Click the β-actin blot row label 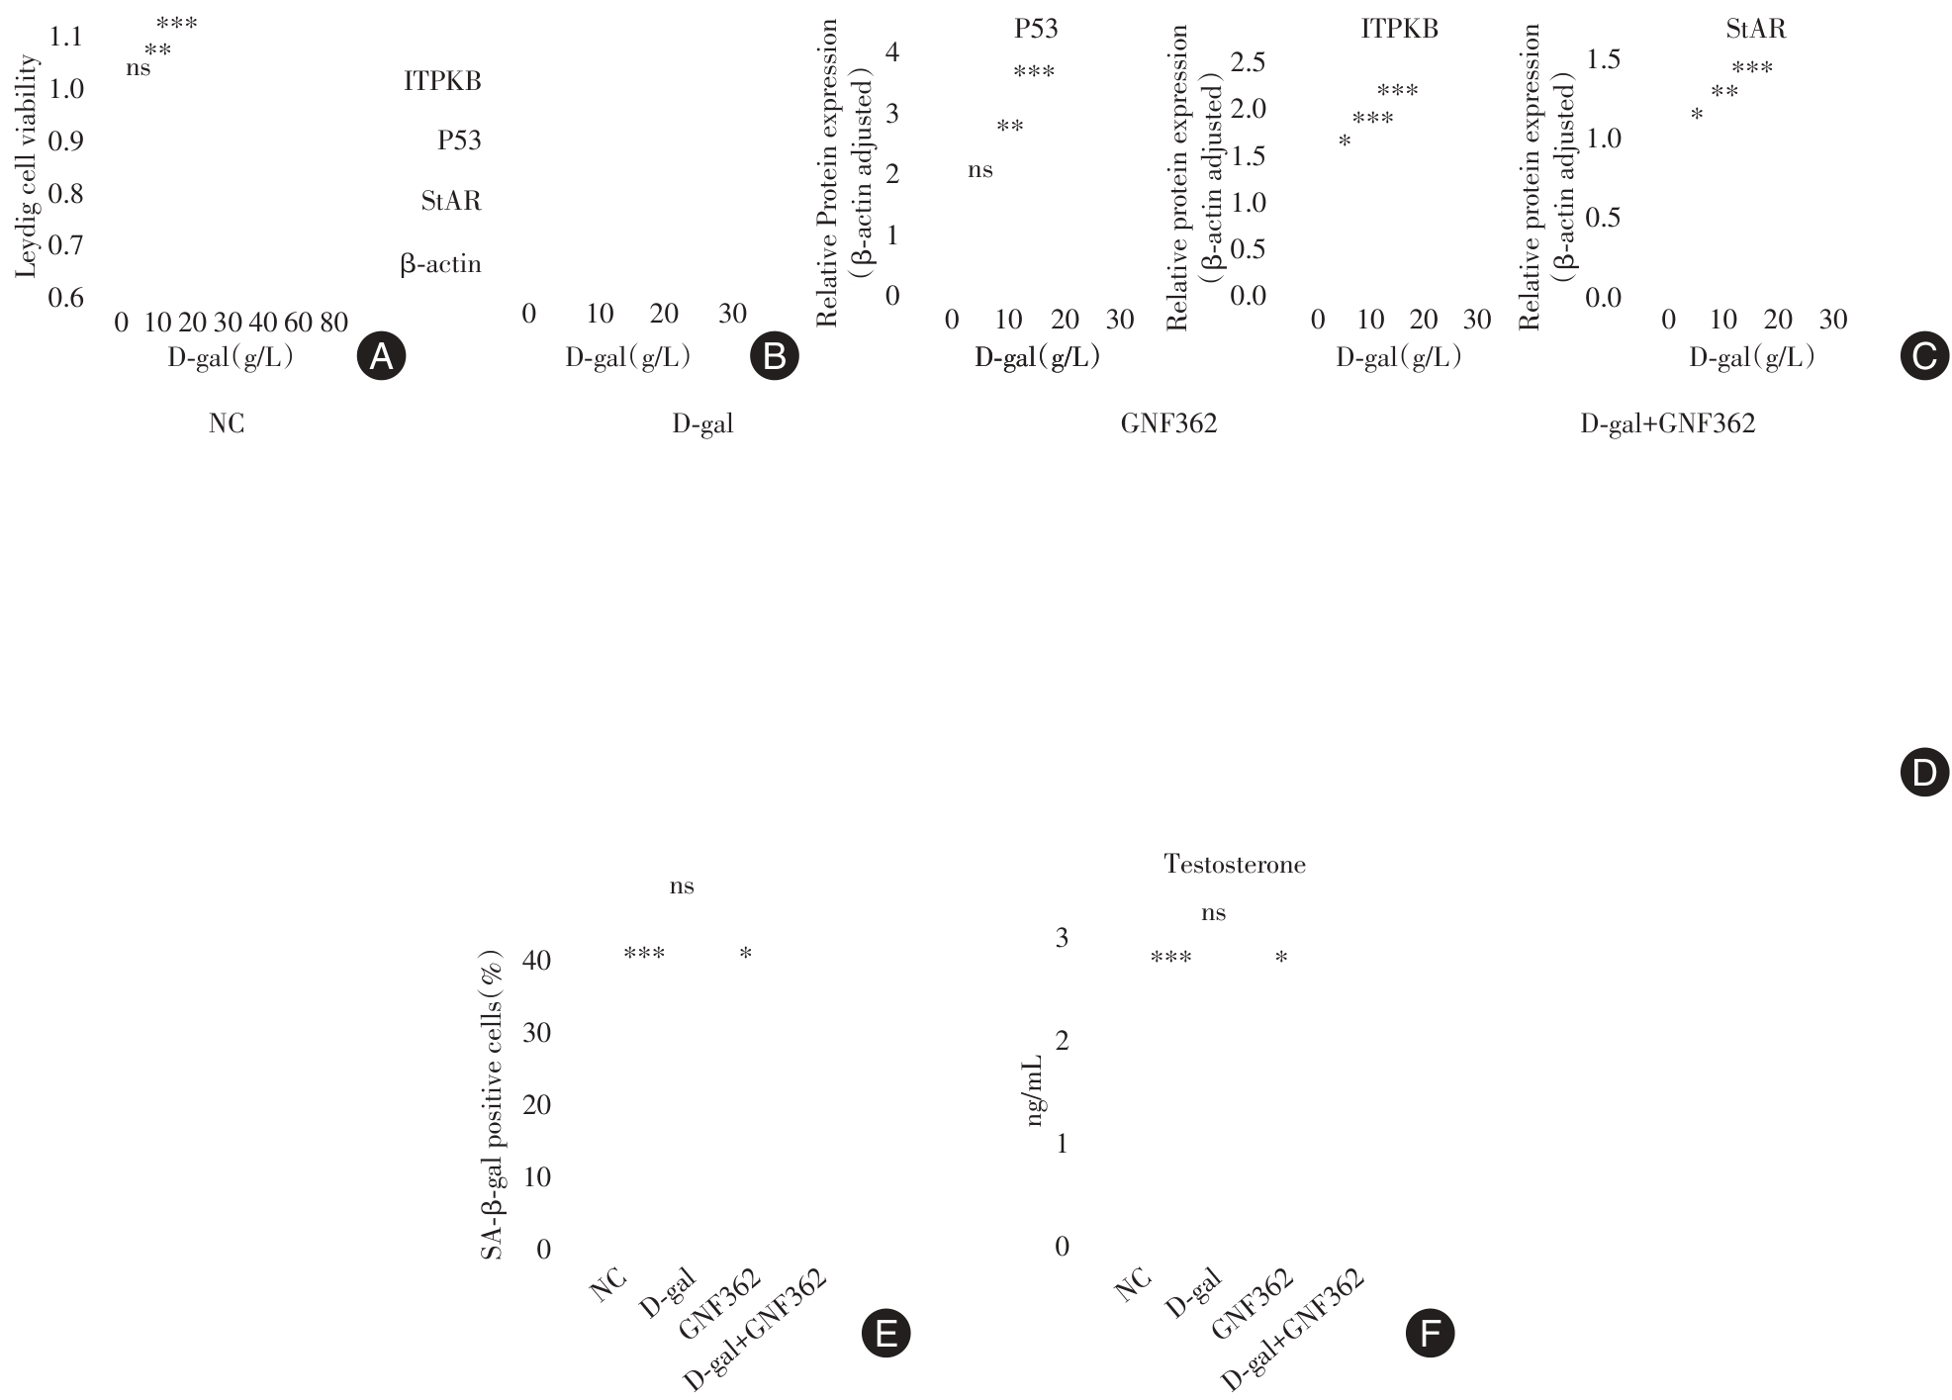click(440, 264)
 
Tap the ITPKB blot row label click(442, 81)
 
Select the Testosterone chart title click(1235, 865)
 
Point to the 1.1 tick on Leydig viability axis click(66, 37)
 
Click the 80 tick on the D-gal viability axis click(333, 322)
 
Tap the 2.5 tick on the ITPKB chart click(1247, 63)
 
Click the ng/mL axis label click(1035, 1089)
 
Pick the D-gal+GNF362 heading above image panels click(1667, 424)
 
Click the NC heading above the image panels click(227, 424)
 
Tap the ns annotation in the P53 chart click(979, 170)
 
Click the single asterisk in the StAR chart click(1697, 116)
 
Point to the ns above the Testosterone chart click(1213, 913)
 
